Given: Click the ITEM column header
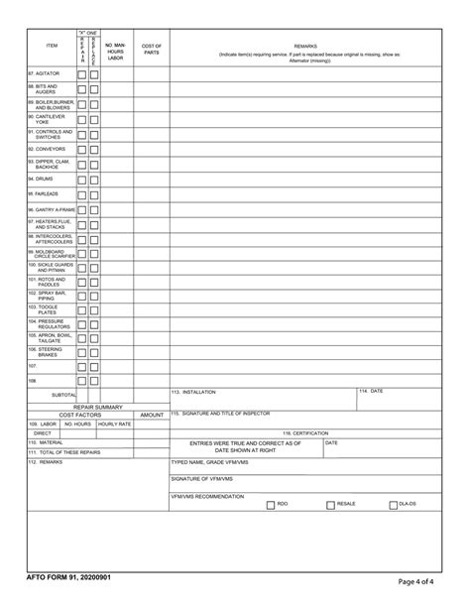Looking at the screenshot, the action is coord(52,47).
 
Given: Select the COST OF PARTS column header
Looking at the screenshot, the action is coord(152,49).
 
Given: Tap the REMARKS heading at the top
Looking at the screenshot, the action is coord(305,46).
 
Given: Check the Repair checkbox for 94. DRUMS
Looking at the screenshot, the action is coord(82,179).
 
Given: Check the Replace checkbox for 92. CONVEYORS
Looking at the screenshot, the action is coord(94,149).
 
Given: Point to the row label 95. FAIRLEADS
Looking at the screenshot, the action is coord(45,193).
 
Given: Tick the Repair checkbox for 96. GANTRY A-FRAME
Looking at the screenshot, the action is coord(82,210).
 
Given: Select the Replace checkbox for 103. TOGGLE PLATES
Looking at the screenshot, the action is coord(94,310).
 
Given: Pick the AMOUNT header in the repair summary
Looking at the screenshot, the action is coord(152,415).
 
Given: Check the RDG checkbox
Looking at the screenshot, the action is coord(271,504).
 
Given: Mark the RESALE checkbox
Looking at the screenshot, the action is coord(330,504).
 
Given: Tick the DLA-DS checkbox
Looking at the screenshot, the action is coord(393,505).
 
